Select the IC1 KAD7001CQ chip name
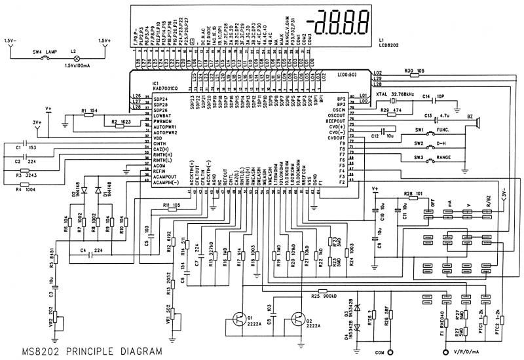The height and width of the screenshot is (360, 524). (x=161, y=86)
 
